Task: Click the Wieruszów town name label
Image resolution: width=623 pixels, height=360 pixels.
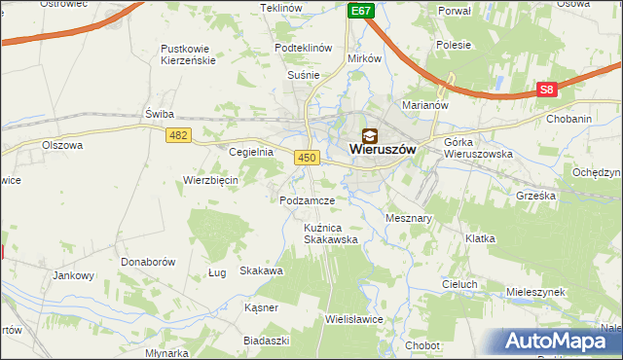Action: [383, 151]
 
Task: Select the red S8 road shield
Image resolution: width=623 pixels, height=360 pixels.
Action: [547, 90]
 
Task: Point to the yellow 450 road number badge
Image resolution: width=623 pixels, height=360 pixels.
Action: [307, 158]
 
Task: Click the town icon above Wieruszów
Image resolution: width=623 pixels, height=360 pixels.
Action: [370, 135]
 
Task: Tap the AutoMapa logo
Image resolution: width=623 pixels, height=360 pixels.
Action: [563, 342]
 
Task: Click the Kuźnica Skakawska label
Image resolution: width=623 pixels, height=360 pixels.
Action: [331, 233]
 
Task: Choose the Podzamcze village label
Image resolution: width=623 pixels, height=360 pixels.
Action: [307, 200]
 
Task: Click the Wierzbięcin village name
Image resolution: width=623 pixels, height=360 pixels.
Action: [210, 180]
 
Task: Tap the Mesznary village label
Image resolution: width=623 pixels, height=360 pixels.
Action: [409, 219]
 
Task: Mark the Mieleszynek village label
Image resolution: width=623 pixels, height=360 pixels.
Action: [536, 292]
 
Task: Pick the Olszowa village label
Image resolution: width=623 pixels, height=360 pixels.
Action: [62, 145]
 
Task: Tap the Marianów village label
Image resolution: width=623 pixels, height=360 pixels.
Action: [423, 105]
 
